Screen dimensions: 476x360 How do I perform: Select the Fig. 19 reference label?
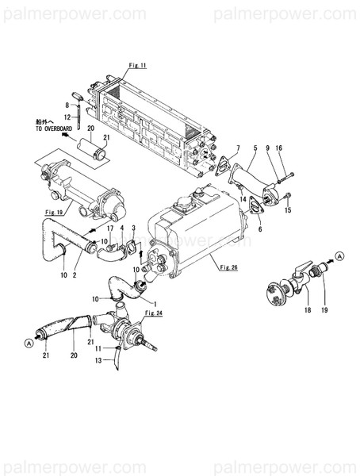coord(54,213)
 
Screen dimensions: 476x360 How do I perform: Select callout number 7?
coord(237,148)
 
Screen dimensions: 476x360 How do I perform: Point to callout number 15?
coord(288,210)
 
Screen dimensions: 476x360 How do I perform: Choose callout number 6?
coord(259,229)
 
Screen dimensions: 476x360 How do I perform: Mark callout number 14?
coord(243,188)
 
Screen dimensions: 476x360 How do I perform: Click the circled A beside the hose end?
coord(29,343)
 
